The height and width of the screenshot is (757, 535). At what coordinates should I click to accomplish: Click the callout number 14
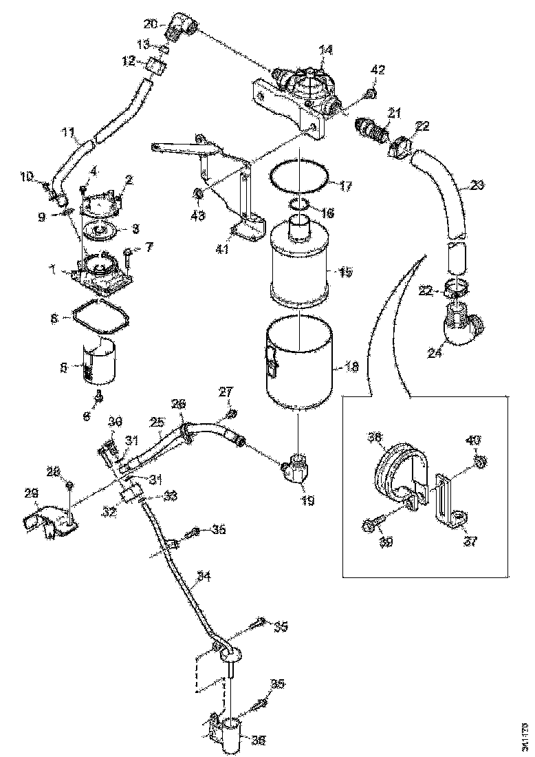pos(325,50)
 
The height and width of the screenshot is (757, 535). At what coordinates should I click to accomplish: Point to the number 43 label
pos(197,215)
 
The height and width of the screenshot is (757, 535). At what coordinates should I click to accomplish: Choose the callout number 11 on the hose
pos(67,131)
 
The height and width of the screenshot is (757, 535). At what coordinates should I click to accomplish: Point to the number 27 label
pos(226,393)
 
